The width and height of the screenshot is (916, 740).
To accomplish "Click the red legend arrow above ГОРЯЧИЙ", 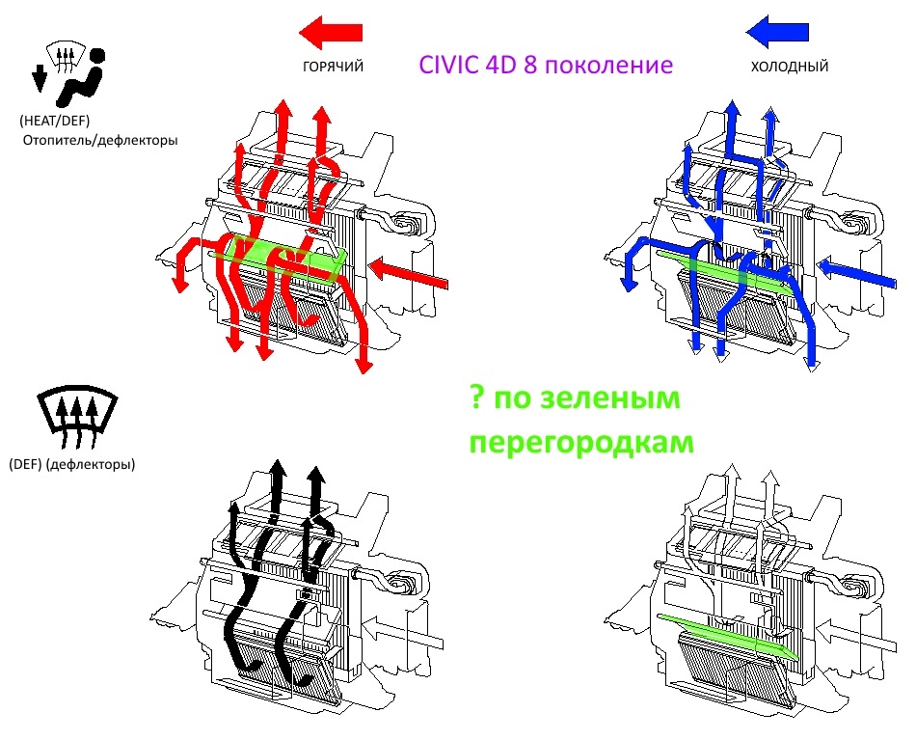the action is click(331, 32).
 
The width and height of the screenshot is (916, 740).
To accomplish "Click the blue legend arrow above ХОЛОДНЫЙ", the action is click(777, 32).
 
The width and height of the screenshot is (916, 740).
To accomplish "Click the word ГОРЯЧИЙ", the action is click(333, 67).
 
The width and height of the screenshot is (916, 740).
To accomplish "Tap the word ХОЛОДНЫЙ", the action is click(790, 67).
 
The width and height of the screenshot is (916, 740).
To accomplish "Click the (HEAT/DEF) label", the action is click(54, 121).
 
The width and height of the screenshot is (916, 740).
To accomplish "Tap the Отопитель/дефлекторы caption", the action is click(100, 140).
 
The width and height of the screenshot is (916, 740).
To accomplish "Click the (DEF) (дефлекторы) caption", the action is click(72, 464).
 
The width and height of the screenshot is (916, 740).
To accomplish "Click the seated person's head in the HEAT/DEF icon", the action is click(97, 56).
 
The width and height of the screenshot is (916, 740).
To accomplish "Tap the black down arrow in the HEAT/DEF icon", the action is click(40, 78).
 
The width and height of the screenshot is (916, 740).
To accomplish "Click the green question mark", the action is click(477, 397).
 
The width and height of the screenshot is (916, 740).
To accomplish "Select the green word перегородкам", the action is click(581, 442).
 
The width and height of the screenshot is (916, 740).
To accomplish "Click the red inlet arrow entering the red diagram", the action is click(409, 274).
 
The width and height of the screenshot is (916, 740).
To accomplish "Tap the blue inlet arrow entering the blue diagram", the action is click(856, 274).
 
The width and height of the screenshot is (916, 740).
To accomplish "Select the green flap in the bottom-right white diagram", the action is click(727, 636).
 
